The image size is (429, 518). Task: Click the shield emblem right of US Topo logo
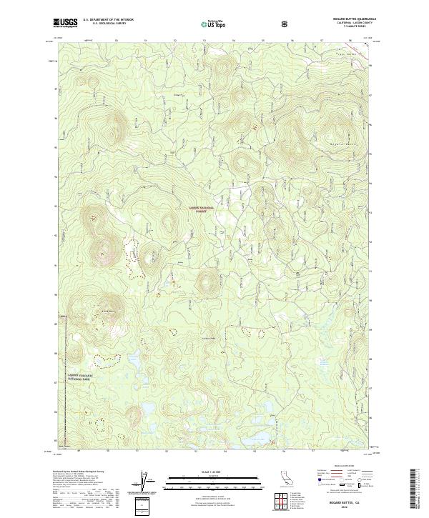pos(285,23)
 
